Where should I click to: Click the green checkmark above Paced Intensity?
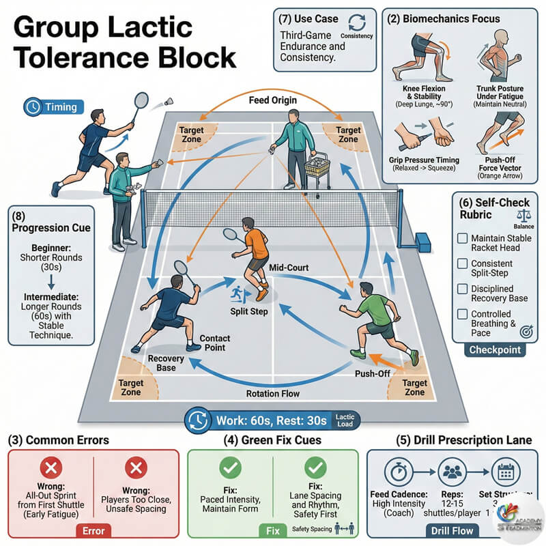[230, 468]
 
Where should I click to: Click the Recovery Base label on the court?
[162, 363]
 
